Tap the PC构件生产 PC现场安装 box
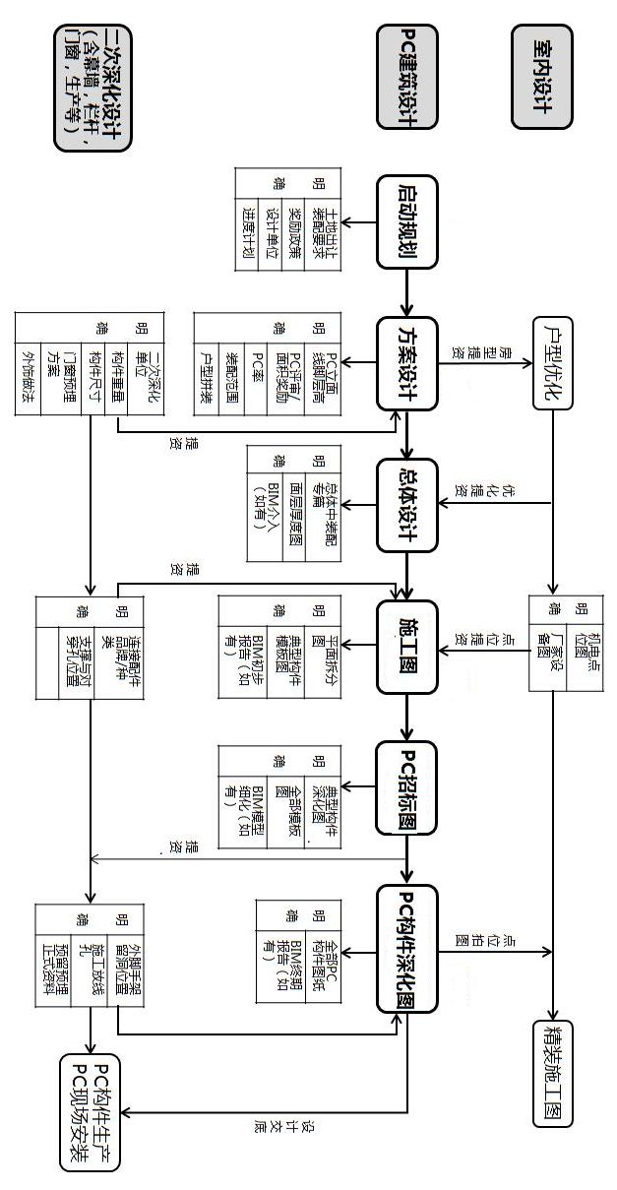coord(90,1112)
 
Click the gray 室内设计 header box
coord(540,77)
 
